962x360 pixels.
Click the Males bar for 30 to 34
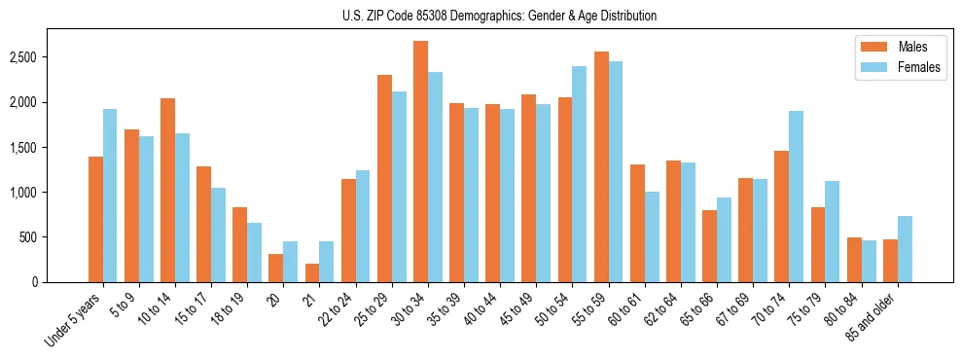[420, 162]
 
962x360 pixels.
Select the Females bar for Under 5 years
[110, 196]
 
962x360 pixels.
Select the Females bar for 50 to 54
[579, 174]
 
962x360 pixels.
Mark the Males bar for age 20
[276, 268]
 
